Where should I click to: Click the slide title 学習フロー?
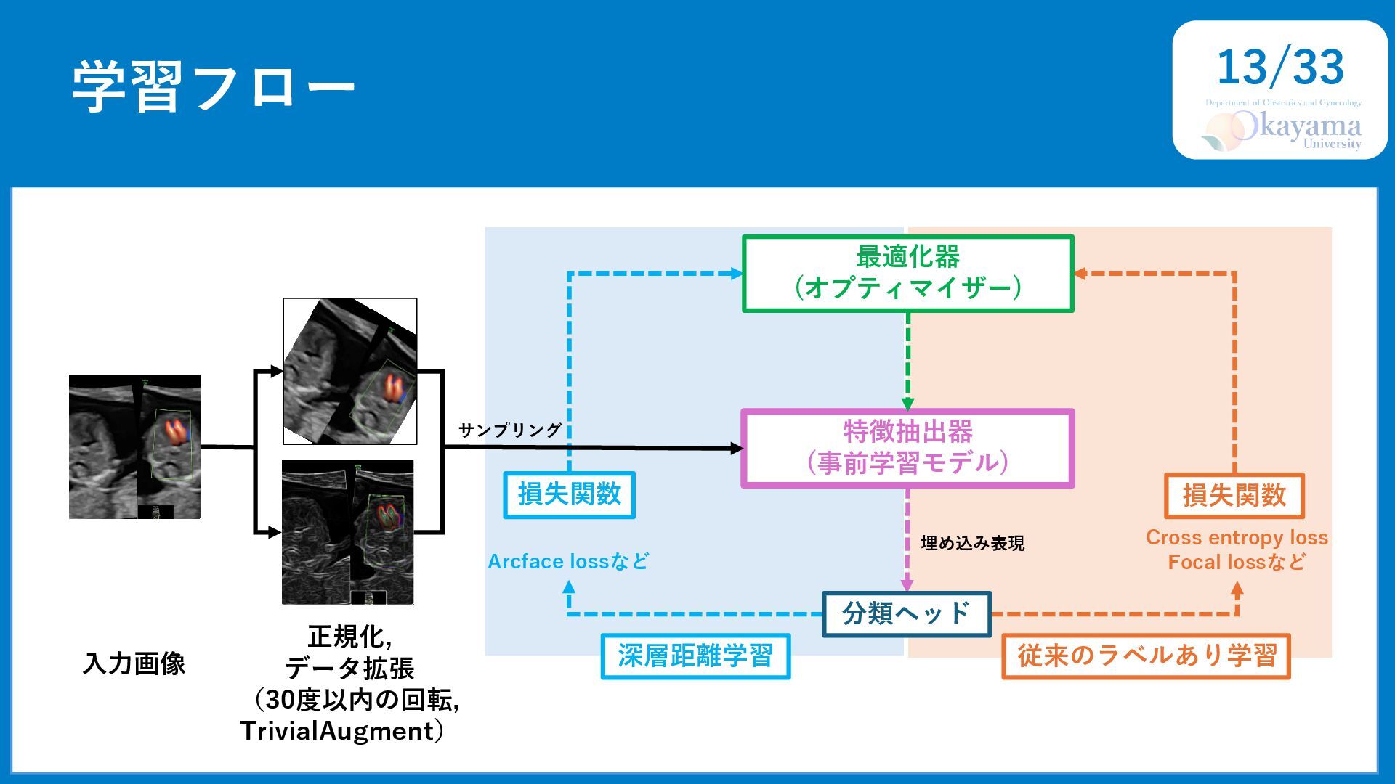click(x=214, y=86)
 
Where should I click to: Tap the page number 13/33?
click(x=1280, y=67)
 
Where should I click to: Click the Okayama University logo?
click(x=1282, y=126)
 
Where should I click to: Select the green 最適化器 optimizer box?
click(x=907, y=274)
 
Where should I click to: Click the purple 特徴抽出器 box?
click(x=907, y=448)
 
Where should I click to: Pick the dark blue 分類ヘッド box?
click(x=907, y=614)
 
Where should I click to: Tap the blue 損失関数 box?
click(x=570, y=494)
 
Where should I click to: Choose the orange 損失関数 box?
click(x=1234, y=496)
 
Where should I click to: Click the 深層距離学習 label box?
click(x=695, y=656)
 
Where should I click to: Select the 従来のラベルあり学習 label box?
click(x=1146, y=656)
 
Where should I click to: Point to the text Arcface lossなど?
click(x=568, y=561)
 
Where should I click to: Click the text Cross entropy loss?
click(x=1237, y=538)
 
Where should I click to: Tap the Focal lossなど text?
click(x=1237, y=562)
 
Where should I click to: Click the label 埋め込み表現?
click(x=972, y=543)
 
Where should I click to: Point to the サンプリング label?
click(x=509, y=430)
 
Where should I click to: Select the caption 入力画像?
click(x=134, y=663)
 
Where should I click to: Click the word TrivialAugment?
click(x=336, y=731)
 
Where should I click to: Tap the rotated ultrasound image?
click(x=350, y=371)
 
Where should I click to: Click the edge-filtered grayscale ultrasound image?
click(x=348, y=532)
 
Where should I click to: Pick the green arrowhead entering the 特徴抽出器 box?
click(x=907, y=404)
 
